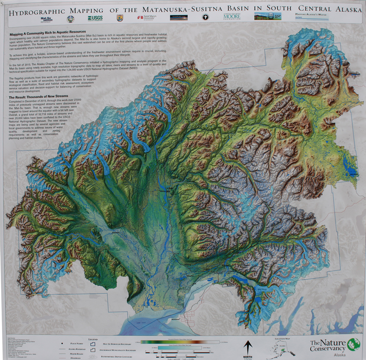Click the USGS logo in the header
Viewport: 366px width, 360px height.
(x=95, y=18)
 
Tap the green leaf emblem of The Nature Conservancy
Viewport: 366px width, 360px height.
(x=353, y=344)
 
